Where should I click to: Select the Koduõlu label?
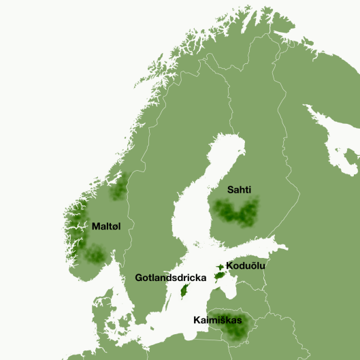pos(246,265)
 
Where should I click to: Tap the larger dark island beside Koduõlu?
pos(219,276)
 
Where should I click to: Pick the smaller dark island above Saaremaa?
pos(220,267)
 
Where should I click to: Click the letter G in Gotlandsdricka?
pos(139,278)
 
